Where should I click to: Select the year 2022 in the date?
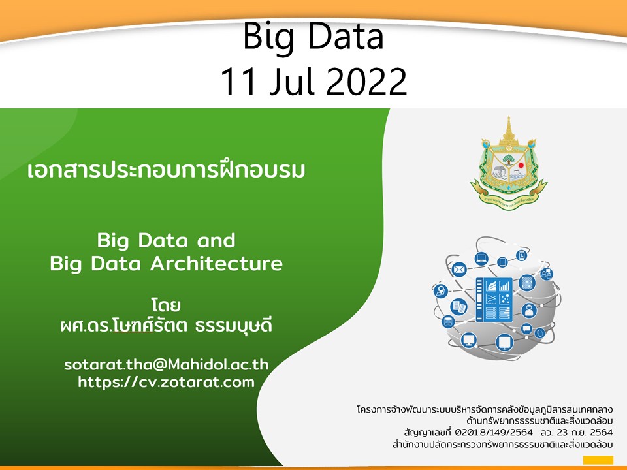click(366, 82)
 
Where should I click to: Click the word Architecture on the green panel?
click(216, 264)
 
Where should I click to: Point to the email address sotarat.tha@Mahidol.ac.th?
click(166, 364)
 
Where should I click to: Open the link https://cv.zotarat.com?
click(166, 382)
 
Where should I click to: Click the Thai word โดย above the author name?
click(166, 305)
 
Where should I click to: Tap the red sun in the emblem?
click(521, 165)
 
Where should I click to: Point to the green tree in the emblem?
click(508, 159)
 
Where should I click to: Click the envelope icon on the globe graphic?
click(459, 270)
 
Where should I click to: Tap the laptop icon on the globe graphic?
click(481, 258)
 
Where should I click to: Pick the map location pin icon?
click(440, 290)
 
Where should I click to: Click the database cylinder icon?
click(448, 321)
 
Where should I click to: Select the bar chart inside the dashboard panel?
click(505, 285)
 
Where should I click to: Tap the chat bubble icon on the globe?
click(526, 328)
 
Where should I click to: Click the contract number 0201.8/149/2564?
click(494, 432)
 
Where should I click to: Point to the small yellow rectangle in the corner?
click(598, 460)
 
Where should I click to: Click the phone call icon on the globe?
click(521, 255)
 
